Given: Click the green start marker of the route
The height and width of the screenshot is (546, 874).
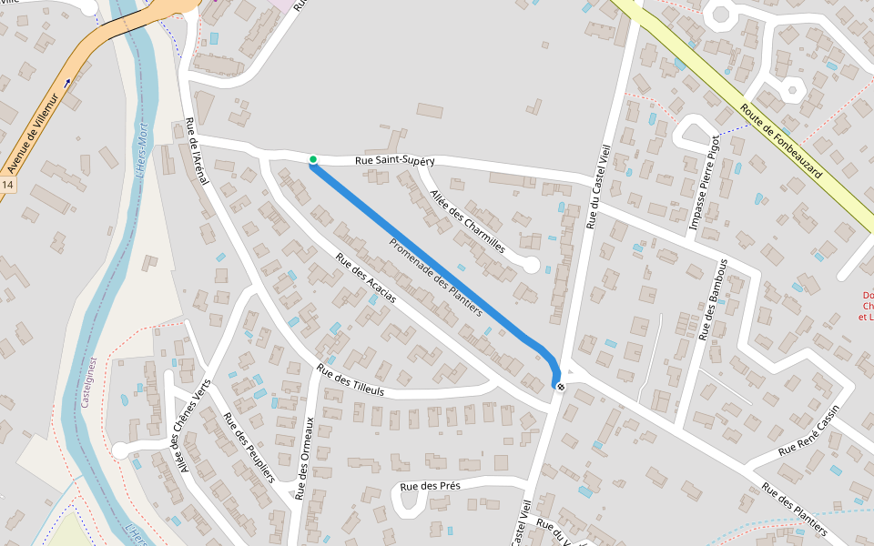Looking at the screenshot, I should (313, 160).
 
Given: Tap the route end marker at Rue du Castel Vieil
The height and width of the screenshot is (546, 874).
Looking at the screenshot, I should (561, 387).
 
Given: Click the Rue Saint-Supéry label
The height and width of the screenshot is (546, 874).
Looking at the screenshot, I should (395, 161).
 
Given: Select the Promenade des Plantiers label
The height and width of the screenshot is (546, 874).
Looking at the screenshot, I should (435, 277).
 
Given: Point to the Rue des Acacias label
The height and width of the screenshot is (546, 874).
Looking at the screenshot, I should (365, 283).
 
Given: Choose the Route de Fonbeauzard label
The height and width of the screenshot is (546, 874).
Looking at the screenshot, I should (782, 145).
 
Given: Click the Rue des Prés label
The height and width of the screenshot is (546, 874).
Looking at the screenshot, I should (430, 485).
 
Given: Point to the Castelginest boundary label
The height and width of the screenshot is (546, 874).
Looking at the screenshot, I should (89, 381).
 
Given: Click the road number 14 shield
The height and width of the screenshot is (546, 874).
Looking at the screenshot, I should (7, 185).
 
